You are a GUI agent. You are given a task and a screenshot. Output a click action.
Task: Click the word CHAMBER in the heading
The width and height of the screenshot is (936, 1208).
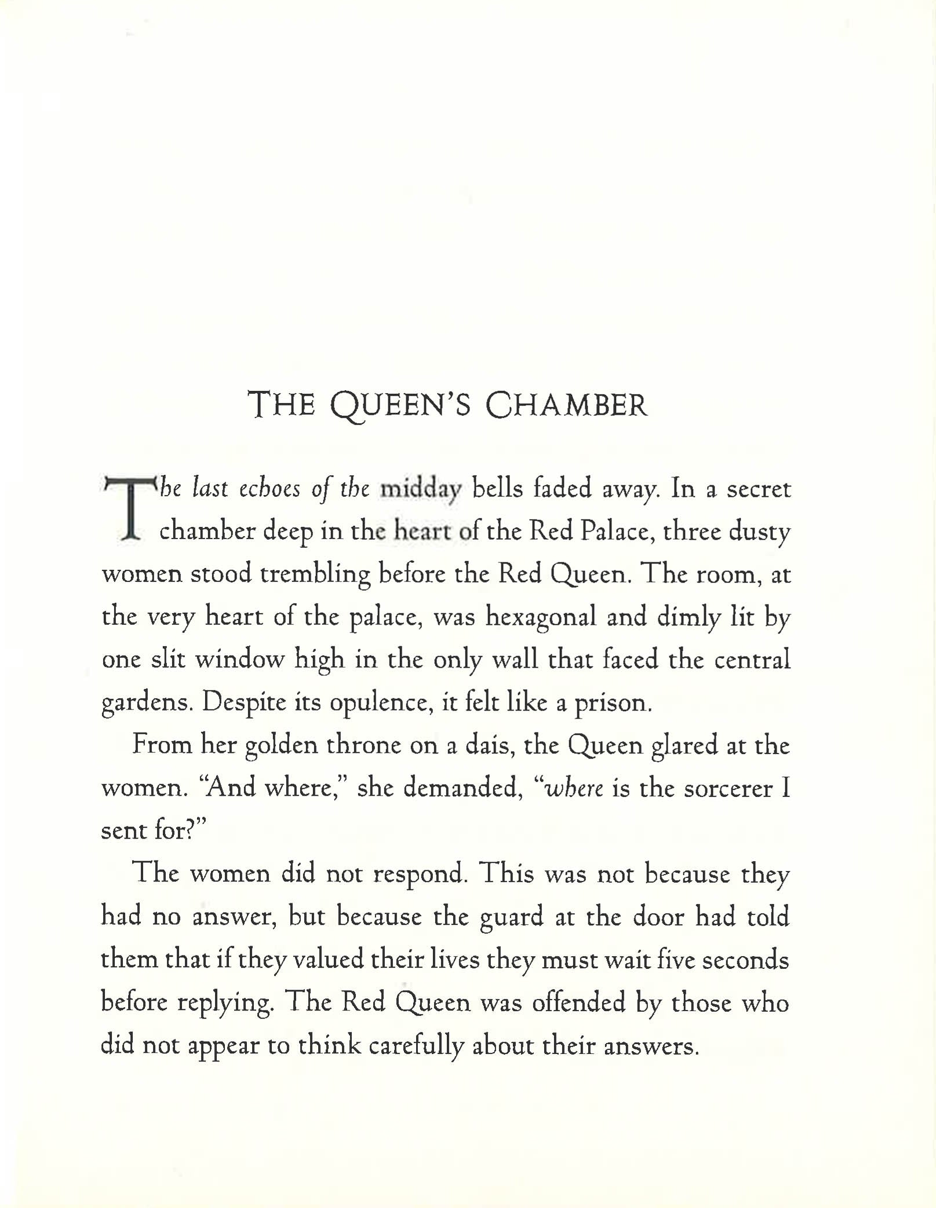[566, 405]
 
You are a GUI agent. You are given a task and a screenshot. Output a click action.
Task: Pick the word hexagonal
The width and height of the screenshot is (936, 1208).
[540, 617]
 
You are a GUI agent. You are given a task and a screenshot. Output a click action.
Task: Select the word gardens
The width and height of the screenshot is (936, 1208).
[145, 703]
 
